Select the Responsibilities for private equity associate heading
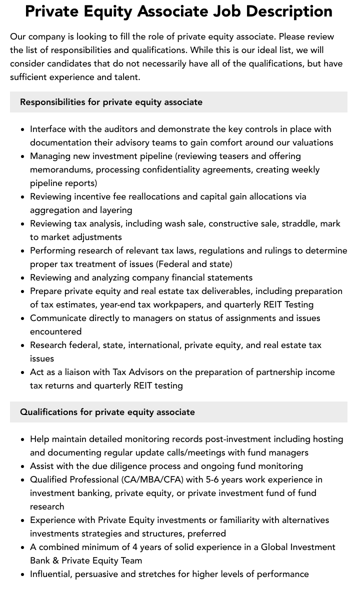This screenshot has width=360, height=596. pos(111,102)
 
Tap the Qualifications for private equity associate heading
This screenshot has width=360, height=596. pos(107,412)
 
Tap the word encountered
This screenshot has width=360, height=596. pos(55,331)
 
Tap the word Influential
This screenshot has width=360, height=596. pos(50,574)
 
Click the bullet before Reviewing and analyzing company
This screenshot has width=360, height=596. pos(23,278)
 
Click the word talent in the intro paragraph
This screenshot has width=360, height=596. pos(127,77)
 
